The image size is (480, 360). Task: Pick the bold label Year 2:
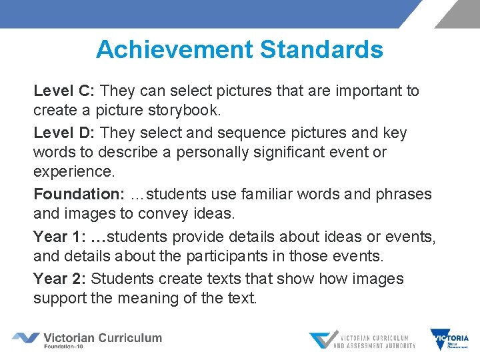pos(60,279)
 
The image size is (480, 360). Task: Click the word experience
pos(74,172)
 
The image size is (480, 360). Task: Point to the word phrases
pos(402,195)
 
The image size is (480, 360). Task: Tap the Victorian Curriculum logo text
pos(102,338)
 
